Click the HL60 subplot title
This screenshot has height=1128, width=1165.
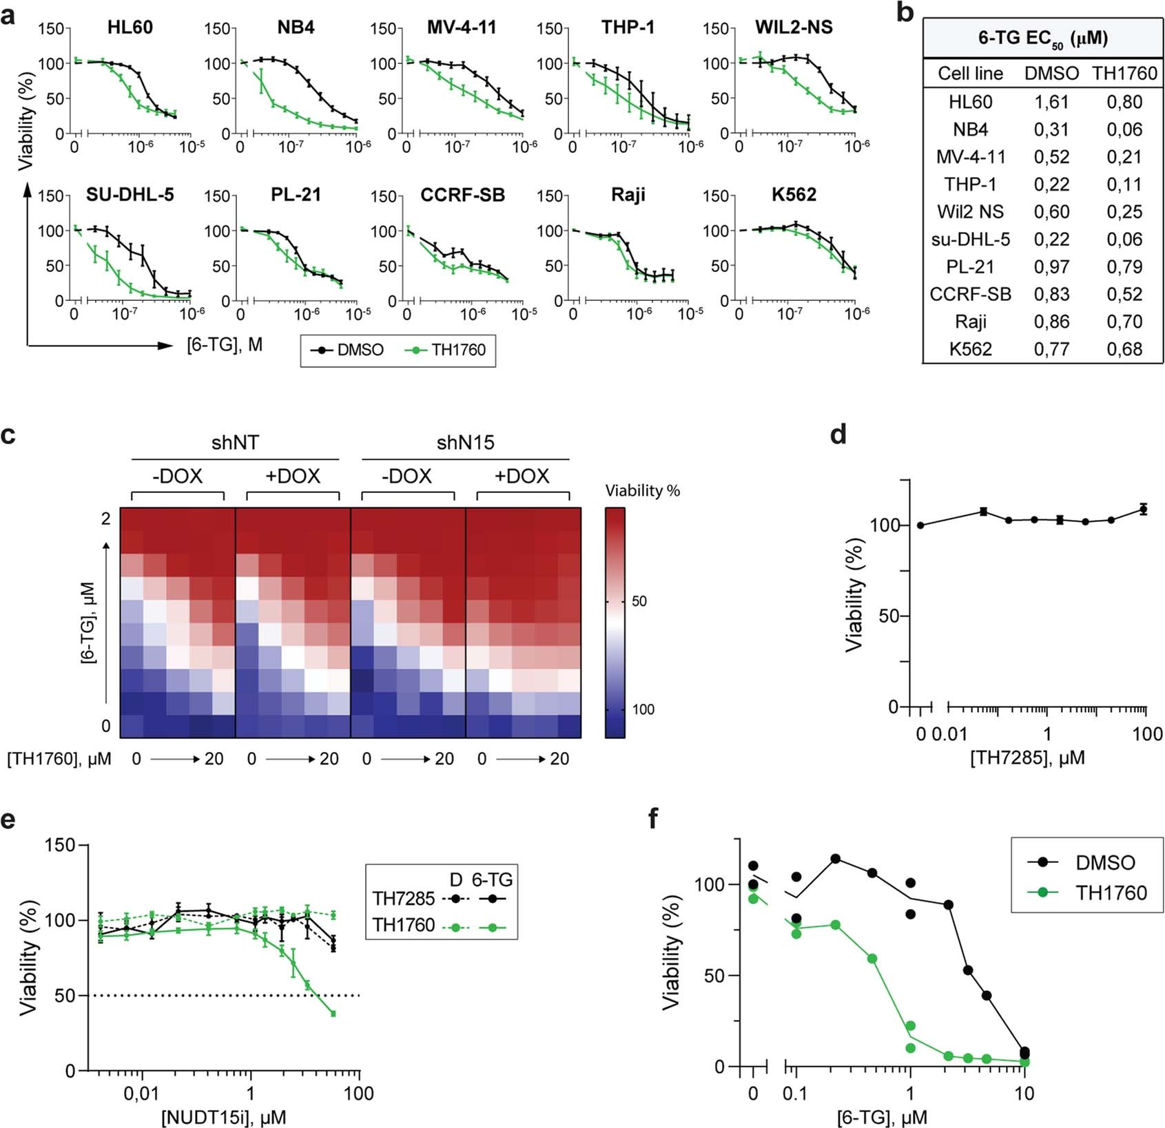(130, 28)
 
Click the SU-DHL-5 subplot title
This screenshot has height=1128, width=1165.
(130, 195)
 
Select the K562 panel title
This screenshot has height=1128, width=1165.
(794, 195)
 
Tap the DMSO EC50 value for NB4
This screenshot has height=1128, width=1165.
(1051, 129)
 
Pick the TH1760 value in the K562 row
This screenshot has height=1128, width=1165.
(1124, 349)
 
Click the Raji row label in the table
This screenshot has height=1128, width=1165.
(970, 322)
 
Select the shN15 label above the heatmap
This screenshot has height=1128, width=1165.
(466, 442)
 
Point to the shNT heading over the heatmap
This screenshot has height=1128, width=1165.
(235, 442)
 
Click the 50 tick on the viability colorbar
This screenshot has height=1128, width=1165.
(639, 601)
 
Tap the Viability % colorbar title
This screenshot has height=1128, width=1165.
(642, 490)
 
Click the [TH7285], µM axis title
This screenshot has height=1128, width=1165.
(1027, 758)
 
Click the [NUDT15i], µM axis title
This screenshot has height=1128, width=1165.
(223, 1117)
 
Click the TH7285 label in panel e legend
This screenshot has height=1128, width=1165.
(404, 899)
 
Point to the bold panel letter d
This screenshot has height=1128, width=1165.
(838, 435)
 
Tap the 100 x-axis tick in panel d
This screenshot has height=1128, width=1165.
(1147, 734)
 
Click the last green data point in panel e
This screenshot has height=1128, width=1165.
(333, 1014)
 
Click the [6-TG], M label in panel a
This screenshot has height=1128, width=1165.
(225, 344)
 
